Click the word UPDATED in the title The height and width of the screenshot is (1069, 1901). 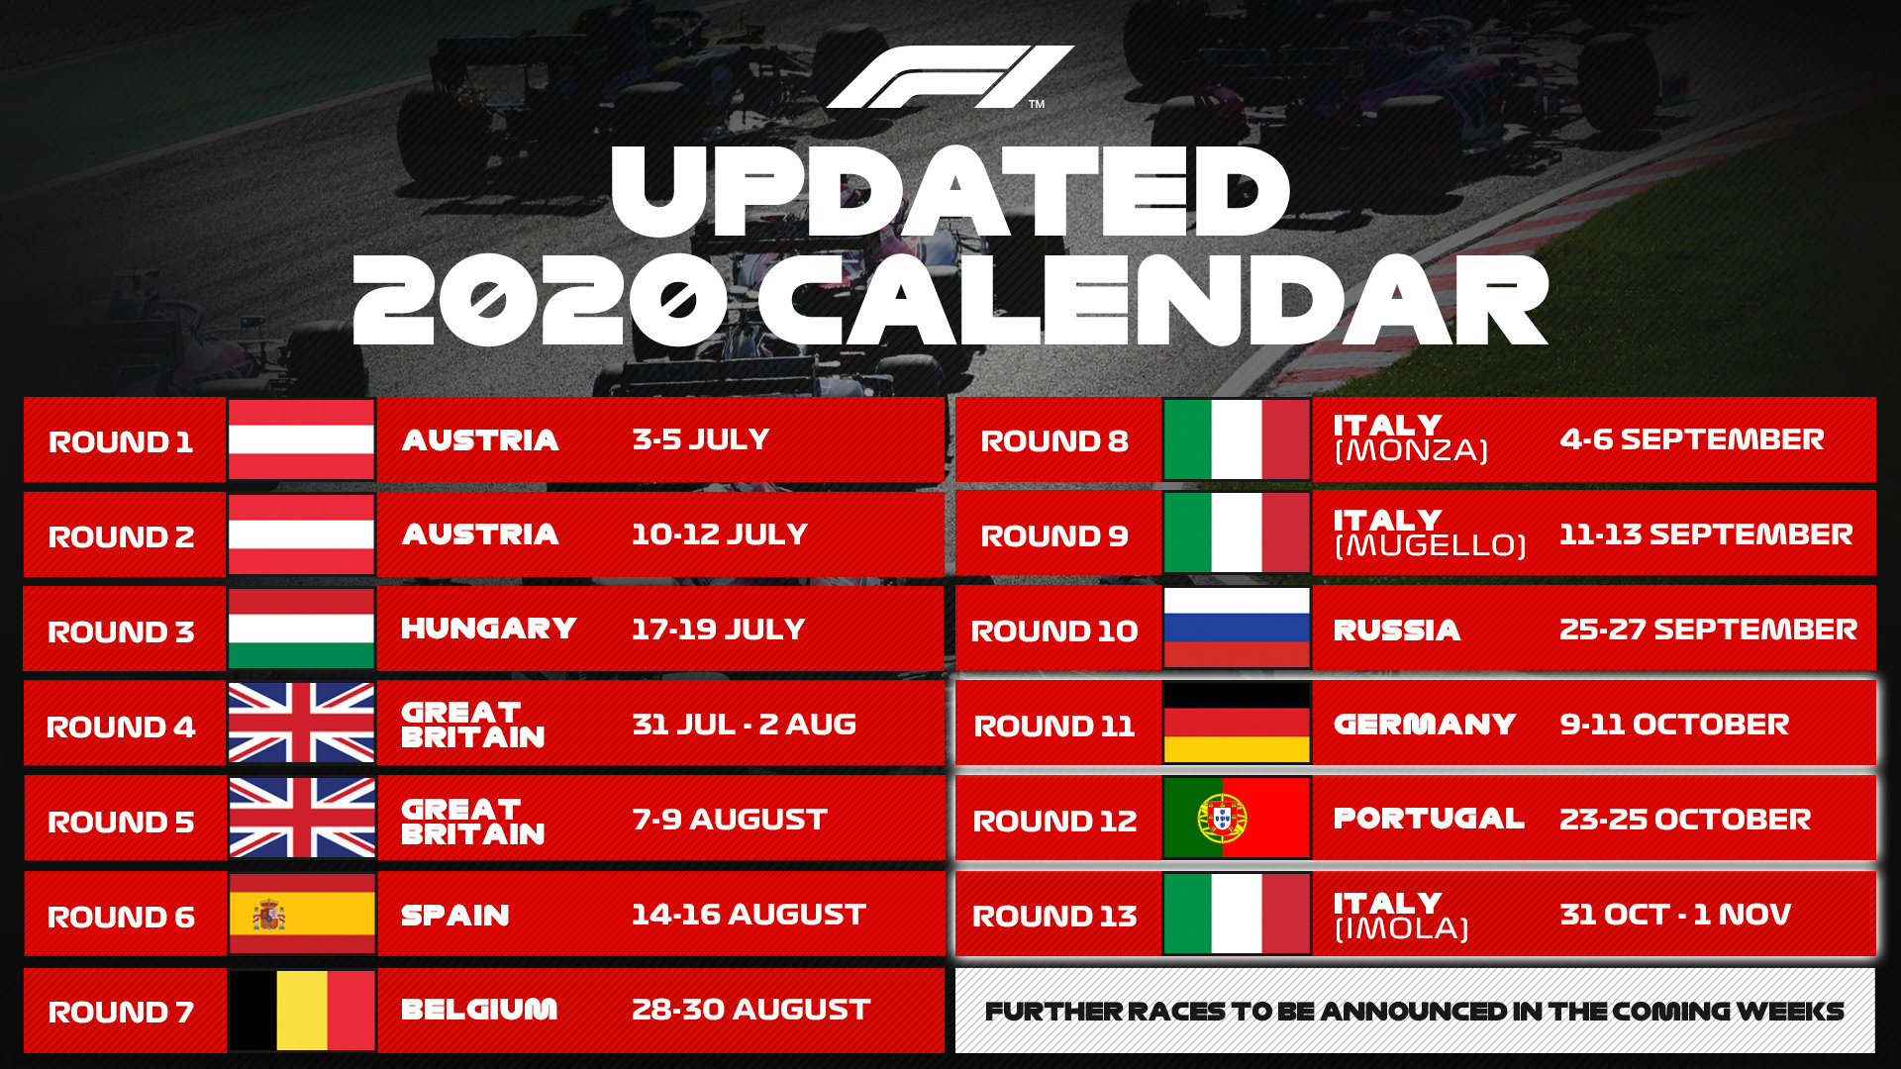click(x=950, y=193)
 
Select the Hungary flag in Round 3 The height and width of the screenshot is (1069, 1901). click(x=301, y=630)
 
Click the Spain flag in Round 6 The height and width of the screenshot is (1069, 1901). click(x=301, y=914)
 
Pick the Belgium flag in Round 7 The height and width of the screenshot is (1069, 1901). click(x=301, y=1010)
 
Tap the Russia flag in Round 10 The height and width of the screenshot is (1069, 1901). click(x=1237, y=629)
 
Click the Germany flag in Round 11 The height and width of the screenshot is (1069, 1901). click(x=1237, y=724)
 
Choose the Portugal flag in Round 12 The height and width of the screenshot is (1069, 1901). click(x=1237, y=819)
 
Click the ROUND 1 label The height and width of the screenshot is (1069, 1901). click(x=121, y=441)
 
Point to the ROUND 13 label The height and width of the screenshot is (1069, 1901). click(x=1054, y=916)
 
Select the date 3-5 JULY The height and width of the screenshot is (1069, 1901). click(x=700, y=439)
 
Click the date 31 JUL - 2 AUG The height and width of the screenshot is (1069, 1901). click(x=744, y=724)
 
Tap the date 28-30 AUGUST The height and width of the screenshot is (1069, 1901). click(x=750, y=1010)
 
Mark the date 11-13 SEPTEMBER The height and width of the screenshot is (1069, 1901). click(x=1705, y=534)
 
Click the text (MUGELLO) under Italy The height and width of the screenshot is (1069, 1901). click(x=1430, y=545)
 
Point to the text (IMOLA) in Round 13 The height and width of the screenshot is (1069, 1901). click(x=1401, y=928)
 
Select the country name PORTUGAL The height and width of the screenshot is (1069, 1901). click(x=1428, y=819)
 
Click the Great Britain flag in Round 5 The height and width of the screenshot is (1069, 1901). click(x=301, y=819)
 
